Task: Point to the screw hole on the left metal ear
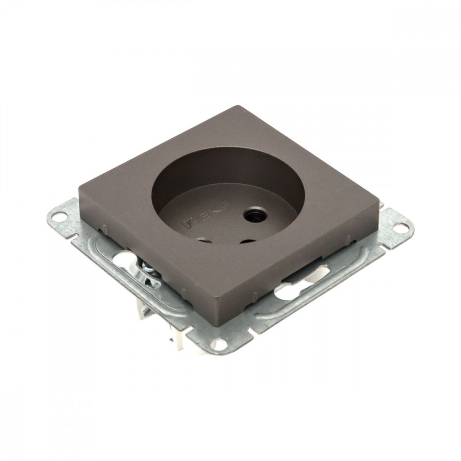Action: pyautogui.click(x=56, y=219)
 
